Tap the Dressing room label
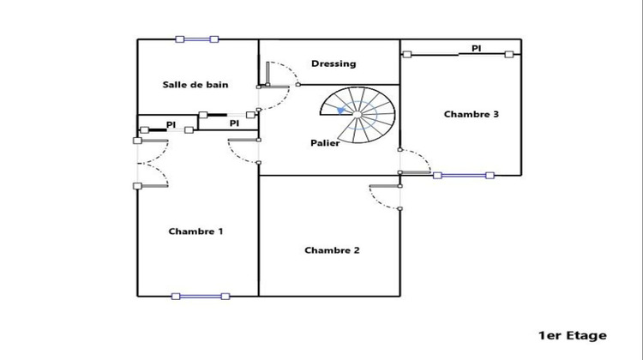click(334, 63)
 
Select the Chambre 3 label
click(471, 114)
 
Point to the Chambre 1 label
click(195, 231)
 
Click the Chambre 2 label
click(332, 250)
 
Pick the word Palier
click(325, 143)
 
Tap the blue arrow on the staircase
click(342, 111)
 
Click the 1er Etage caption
click(572, 335)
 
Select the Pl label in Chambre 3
click(476, 49)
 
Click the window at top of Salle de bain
click(196, 39)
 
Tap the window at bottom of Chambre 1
click(201, 296)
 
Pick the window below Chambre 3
click(463, 175)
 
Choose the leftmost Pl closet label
click(171, 125)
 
